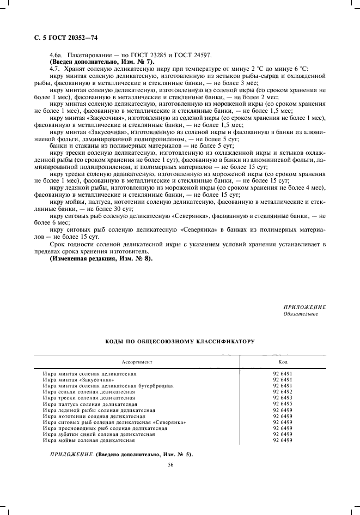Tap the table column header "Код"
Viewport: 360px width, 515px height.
point(283,362)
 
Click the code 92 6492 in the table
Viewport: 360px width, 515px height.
point(283,392)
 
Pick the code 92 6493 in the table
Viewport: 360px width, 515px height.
point(283,398)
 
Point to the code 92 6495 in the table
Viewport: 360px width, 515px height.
point(283,404)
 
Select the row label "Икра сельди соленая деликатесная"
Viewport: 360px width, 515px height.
point(89,392)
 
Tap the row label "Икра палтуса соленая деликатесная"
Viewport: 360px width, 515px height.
point(90,404)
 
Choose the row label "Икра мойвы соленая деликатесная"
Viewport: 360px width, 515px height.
point(88,440)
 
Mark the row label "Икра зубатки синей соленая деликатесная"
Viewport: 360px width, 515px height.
point(99,434)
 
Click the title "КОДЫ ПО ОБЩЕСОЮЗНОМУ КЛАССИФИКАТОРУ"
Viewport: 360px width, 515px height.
point(180,341)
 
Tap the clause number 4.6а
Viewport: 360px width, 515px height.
point(56,56)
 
